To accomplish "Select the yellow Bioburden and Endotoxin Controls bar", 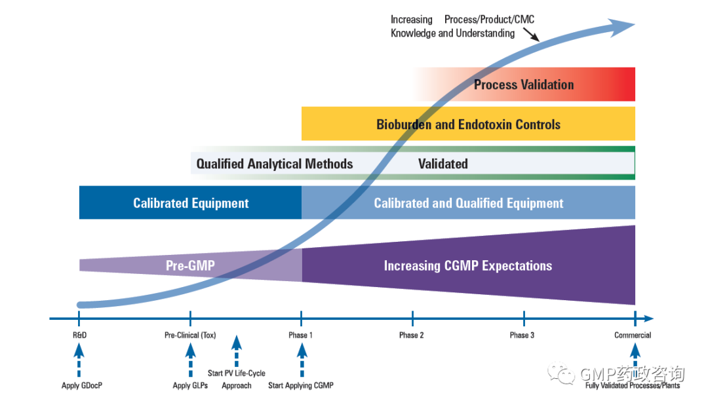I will (x=468, y=124).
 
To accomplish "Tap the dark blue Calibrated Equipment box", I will (x=190, y=203).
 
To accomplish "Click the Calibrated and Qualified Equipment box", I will (x=468, y=203).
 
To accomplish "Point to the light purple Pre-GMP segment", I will (x=190, y=265).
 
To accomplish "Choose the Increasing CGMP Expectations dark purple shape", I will (x=468, y=265).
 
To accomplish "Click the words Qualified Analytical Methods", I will (x=275, y=164).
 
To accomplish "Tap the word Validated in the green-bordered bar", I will (x=443, y=164).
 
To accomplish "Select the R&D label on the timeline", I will (x=79, y=336).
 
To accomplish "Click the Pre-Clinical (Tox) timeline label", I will (x=190, y=336).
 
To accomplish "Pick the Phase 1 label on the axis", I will (x=301, y=336).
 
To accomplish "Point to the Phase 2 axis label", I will (x=412, y=336).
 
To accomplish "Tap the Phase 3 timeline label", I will (x=522, y=336).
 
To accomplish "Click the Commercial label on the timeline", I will (x=633, y=336).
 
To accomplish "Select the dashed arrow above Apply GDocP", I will (x=79, y=360).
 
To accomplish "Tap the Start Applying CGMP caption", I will (x=301, y=385).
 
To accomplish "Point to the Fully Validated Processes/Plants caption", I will (x=633, y=385).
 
